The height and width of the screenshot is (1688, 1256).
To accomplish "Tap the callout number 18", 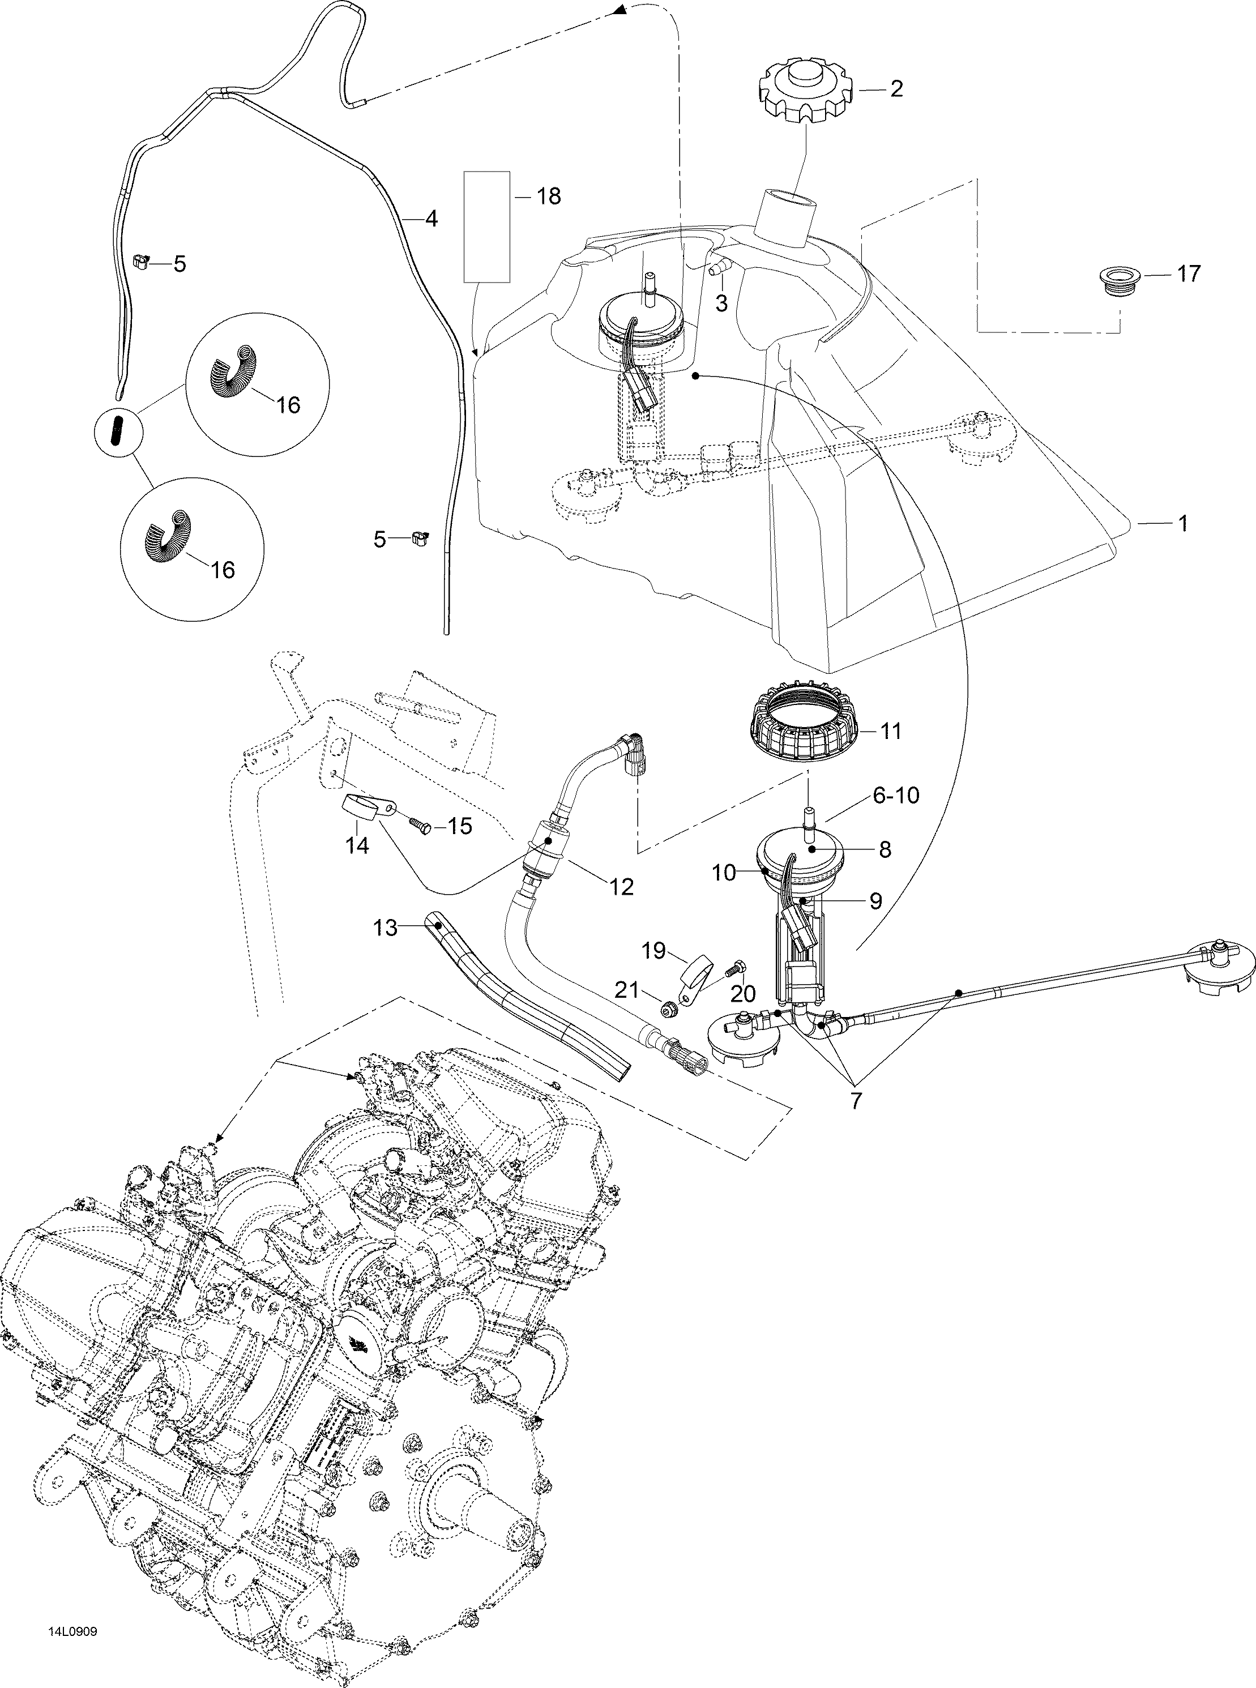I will click(548, 196).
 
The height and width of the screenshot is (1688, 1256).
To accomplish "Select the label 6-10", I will click(896, 796).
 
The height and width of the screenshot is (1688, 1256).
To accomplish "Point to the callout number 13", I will click(386, 928).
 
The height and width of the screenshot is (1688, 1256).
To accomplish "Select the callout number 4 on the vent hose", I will click(431, 219).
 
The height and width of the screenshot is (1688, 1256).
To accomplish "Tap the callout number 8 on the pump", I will click(884, 849).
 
